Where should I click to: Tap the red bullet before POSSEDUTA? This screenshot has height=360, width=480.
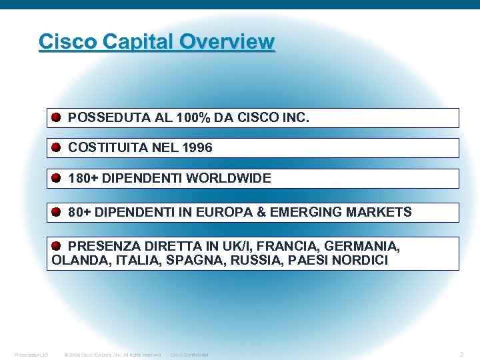57,118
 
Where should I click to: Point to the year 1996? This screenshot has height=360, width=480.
197,148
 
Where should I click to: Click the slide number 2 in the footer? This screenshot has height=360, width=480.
461,354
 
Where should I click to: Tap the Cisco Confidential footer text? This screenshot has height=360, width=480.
189,355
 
